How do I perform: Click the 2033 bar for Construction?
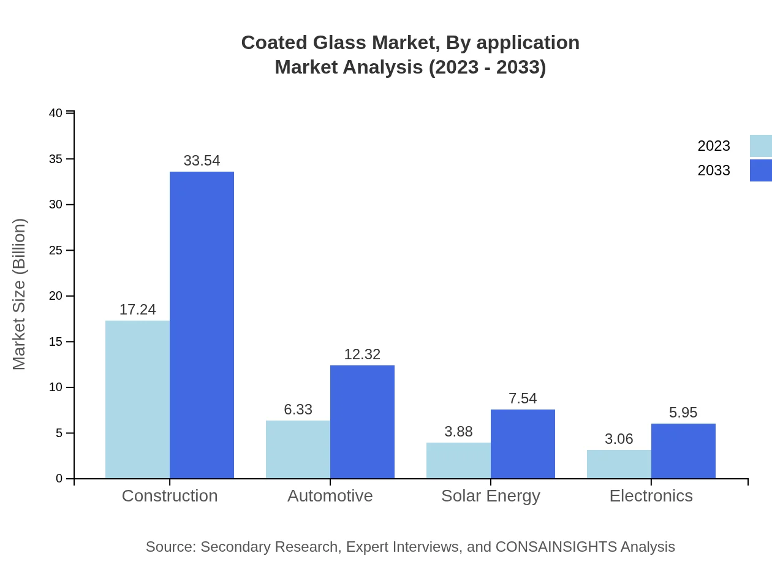click(x=202, y=325)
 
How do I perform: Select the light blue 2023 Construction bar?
click(x=137, y=399)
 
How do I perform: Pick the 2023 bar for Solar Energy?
click(x=458, y=460)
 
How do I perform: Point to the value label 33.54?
click(x=202, y=161)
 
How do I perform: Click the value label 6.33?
click(x=298, y=410)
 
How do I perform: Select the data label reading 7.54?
click(x=522, y=398)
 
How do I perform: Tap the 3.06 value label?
click(x=619, y=439)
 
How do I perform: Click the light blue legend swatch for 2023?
click(x=760, y=146)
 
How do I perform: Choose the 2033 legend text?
click(x=714, y=170)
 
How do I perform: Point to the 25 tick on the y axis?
click(x=56, y=250)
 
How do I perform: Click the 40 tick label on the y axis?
click(x=56, y=113)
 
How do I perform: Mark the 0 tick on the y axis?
click(x=59, y=478)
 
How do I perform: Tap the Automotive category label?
click(x=330, y=495)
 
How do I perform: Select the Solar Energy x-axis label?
click(x=490, y=495)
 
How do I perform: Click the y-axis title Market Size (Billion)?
click(x=20, y=294)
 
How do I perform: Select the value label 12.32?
click(x=362, y=354)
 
